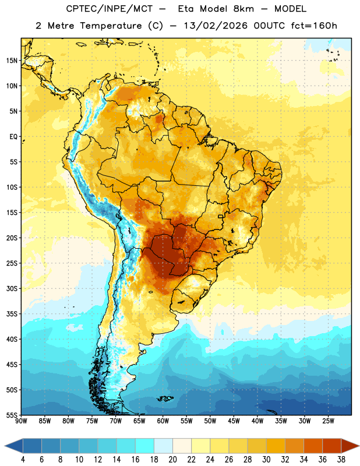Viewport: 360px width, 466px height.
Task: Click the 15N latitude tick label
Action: point(12,61)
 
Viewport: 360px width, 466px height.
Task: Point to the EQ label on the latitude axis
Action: point(13,137)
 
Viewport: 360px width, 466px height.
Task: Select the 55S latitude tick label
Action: point(12,415)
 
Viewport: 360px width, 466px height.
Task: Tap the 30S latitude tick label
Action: point(12,288)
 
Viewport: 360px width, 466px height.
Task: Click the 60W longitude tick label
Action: point(163,421)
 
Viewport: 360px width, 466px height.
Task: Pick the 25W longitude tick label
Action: point(328,421)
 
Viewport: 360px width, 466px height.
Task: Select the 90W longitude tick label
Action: point(21,421)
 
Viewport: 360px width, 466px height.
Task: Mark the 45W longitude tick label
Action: point(234,421)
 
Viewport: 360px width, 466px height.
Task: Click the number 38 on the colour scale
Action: point(341,460)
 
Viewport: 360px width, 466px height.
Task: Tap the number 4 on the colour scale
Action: point(23,460)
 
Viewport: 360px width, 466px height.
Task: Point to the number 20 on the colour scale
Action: point(172,460)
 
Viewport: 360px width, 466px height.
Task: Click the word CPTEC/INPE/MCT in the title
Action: point(109,9)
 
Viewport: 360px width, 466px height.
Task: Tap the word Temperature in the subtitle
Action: point(111,26)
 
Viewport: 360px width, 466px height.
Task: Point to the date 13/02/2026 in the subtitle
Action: point(216,26)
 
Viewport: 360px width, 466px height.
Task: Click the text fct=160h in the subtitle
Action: point(314,26)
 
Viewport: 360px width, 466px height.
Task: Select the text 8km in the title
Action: point(243,9)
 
